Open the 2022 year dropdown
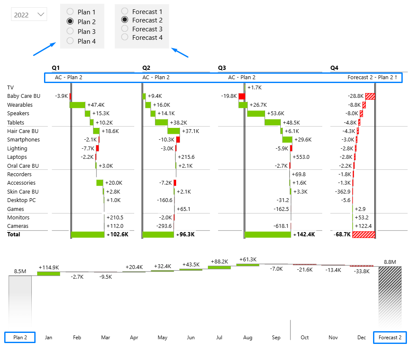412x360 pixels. (x=29, y=15)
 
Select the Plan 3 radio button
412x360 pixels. (x=70, y=31)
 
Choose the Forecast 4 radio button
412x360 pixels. (x=125, y=37)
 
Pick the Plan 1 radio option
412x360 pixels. (x=70, y=12)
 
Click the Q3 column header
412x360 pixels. (x=222, y=68)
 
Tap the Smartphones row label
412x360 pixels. (x=23, y=140)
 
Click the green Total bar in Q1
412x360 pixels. (x=88, y=235)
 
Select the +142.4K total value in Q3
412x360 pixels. (x=304, y=235)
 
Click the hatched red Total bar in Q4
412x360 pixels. (x=364, y=235)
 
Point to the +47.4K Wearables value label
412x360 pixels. (x=97, y=105)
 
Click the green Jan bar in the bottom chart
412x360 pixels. (x=49, y=274)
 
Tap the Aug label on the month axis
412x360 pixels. (x=248, y=338)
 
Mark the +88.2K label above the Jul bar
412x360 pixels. (x=219, y=262)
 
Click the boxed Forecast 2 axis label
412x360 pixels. (x=390, y=338)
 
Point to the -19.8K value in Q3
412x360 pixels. (x=229, y=96)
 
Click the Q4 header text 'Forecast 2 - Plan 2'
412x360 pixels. (x=371, y=78)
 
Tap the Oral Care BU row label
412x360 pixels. (x=23, y=166)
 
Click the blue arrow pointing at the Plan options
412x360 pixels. (x=44, y=49)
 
